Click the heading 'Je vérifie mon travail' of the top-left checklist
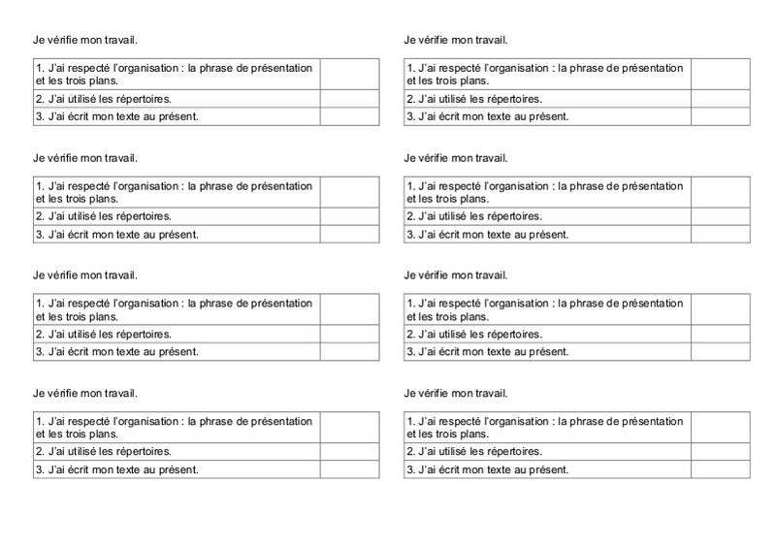pyautogui.click(x=84, y=40)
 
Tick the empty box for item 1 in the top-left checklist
pyautogui.click(x=349, y=73)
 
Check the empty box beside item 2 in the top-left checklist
pyautogui.click(x=349, y=98)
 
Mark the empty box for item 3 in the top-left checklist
pyautogui.click(x=349, y=116)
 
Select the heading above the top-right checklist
pyautogui.click(x=455, y=40)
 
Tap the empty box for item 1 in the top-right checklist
pyautogui.click(x=720, y=73)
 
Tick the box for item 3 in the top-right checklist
pyautogui.click(x=720, y=116)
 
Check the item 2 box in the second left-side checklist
pyautogui.click(x=349, y=216)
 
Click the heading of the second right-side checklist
pyautogui.click(x=455, y=158)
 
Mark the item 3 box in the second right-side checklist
pyautogui.click(x=720, y=235)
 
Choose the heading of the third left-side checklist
pyautogui.click(x=84, y=275)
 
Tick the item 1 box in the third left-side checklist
pyautogui.click(x=349, y=308)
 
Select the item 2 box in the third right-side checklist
pyautogui.click(x=720, y=334)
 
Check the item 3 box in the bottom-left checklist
pyautogui.click(x=349, y=469)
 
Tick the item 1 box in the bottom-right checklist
pyautogui.click(x=720, y=426)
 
